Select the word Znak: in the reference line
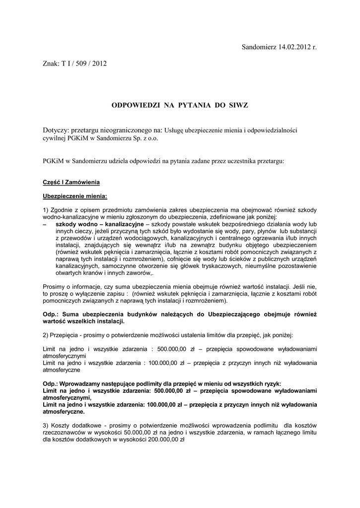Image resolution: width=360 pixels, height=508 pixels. (x=52, y=63)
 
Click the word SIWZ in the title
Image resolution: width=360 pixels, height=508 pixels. (x=238, y=105)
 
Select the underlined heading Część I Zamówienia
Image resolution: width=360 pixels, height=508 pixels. (x=72, y=183)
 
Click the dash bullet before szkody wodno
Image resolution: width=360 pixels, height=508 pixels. (x=45, y=224)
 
